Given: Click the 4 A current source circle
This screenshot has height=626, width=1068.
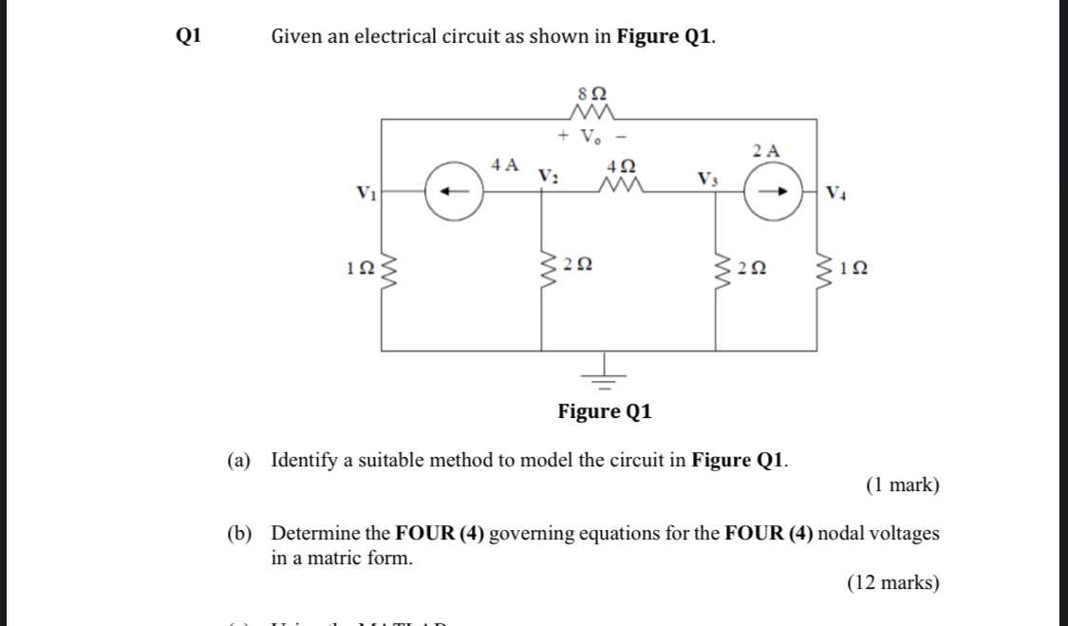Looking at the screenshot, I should [455, 191].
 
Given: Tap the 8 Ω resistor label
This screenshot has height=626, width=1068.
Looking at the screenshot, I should [592, 94].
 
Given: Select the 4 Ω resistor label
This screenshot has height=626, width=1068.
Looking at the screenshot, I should [620, 162].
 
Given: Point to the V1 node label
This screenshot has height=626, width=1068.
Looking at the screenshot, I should [365, 195].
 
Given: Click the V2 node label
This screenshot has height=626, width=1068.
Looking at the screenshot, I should [548, 176].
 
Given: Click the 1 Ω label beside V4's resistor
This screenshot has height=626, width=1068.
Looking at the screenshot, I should [853, 270].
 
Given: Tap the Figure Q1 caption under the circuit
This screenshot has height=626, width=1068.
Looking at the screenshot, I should [604, 412].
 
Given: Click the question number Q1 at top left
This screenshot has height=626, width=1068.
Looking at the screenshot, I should [189, 36].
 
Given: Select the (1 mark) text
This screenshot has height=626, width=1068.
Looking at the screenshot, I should [902, 485].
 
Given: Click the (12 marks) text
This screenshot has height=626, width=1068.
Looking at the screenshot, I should [893, 582].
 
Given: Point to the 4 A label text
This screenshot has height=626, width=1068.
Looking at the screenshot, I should [505, 163].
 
